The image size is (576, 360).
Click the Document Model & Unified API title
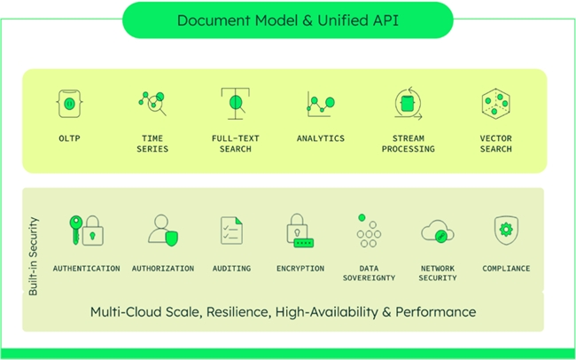[287, 20]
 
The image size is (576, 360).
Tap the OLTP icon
[69, 104]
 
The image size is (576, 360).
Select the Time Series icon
[152, 104]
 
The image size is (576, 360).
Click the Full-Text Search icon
[234, 104]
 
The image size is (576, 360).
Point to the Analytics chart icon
[320, 104]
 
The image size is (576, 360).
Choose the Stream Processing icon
[408, 104]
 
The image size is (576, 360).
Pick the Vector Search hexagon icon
[495, 104]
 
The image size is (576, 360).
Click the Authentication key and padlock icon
[87, 230]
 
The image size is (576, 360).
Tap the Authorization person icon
[163, 230]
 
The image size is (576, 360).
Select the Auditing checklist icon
[231, 231]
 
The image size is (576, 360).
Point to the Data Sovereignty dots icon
[368, 231]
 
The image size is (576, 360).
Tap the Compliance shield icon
[506, 230]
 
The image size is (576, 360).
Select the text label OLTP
[69, 138]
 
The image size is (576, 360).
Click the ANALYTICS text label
[320, 138]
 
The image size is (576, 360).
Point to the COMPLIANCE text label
[506, 268]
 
